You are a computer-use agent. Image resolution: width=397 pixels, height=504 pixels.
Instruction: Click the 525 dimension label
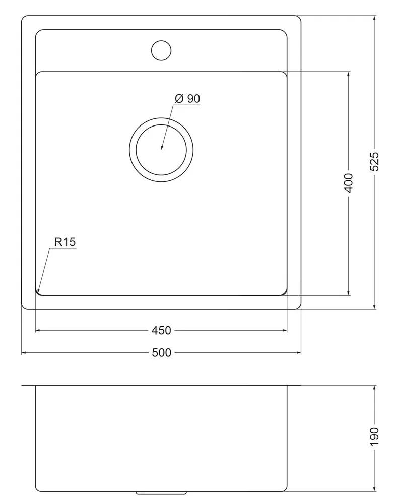[x=374, y=162]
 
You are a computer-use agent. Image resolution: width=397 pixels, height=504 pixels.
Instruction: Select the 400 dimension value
[x=349, y=183]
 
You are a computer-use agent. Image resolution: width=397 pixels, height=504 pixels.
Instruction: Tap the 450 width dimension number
[x=161, y=330]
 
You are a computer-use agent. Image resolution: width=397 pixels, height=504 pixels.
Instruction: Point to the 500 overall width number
[x=161, y=353]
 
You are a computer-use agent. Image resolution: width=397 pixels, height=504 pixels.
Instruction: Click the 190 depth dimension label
[x=374, y=436]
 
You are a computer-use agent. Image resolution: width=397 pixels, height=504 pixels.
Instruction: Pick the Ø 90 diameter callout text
[x=187, y=99]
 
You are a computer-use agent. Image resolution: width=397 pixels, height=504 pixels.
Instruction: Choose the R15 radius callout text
[x=65, y=242]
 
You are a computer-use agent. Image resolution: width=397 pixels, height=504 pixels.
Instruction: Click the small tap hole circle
[x=161, y=50]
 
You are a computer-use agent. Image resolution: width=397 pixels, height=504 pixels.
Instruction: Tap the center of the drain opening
[x=161, y=150]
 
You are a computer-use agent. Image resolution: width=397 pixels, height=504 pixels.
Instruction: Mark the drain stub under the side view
[x=161, y=493]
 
